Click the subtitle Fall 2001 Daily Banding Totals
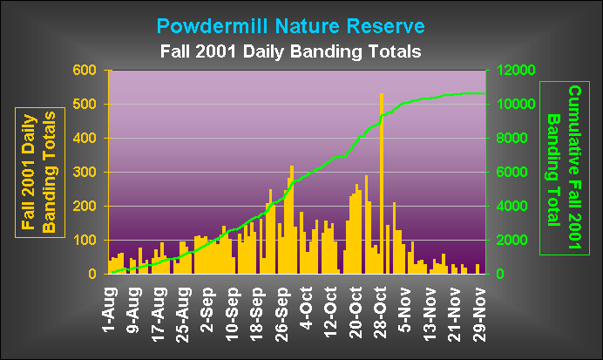291,51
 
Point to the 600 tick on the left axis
85,71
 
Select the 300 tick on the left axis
85,173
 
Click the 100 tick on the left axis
85,241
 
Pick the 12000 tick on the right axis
515,71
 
